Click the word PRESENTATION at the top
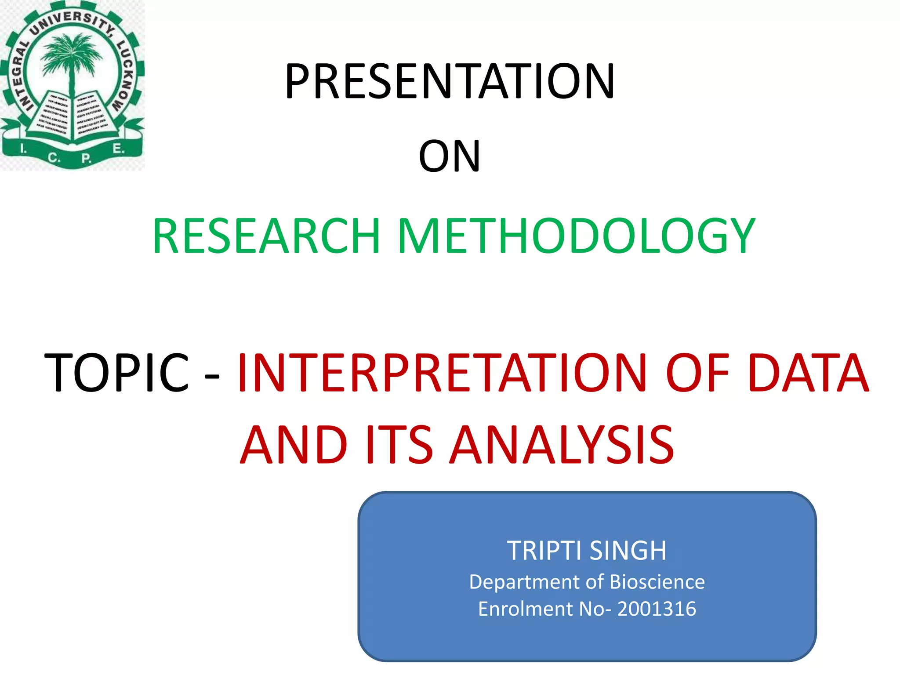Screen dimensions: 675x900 (450, 81)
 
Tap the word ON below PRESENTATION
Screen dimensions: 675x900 (450, 156)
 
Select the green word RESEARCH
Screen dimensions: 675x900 (266, 236)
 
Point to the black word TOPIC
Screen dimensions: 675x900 (117, 372)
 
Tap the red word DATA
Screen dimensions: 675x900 (808, 372)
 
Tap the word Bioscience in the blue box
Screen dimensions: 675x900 (657, 582)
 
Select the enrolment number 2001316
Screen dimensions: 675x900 (657, 609)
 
